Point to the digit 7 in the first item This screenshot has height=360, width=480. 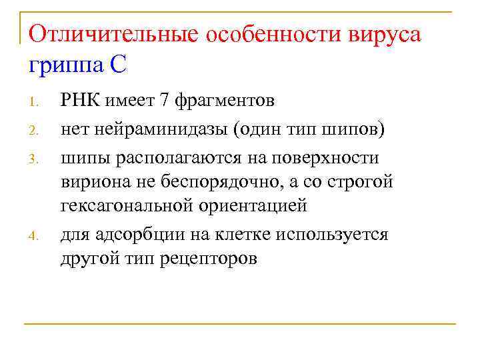(x=164, y=100)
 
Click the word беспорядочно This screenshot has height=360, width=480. (x=214, y=181)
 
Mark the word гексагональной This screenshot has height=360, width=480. (x=127, y=205)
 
